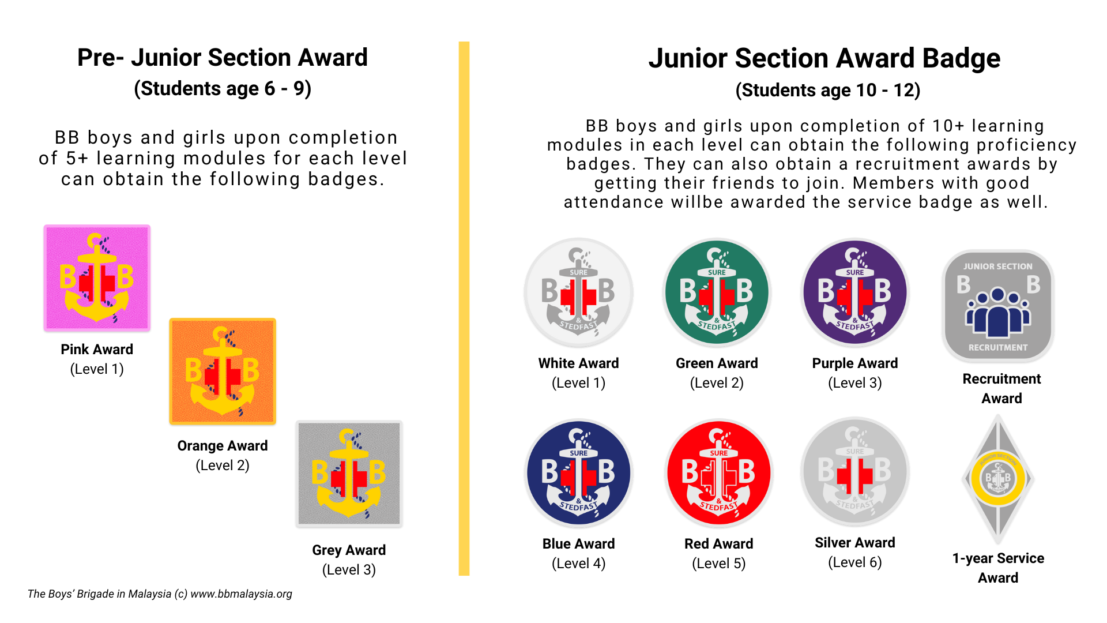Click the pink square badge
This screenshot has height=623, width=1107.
pos(97,278)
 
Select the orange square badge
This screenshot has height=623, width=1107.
pos(223,371)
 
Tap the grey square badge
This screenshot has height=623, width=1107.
pos(349,474)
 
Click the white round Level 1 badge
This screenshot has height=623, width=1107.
pos(578,292)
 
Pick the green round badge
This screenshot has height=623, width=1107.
pos(717,292)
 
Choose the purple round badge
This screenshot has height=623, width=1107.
pos(855,292)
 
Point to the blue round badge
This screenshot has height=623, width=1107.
pos(578,473)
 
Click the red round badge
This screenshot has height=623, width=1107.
pos(718,473)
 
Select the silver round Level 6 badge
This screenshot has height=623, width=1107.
pos(855,472)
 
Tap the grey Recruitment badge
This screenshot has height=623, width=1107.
pos(998,306)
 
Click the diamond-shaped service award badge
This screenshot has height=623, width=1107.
pos(998,479)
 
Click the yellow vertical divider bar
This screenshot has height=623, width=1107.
pos(464,309)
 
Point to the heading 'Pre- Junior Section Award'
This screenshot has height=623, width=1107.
pos(223,58)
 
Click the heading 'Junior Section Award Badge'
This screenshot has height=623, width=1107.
pos(824,58)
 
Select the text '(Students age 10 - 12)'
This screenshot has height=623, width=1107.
pos(828,91)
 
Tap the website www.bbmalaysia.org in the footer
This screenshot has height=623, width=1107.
pos(241,594)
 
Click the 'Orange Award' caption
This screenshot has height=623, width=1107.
pos(223,446)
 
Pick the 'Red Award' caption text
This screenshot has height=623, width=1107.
pos(718,544)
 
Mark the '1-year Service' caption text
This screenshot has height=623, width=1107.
pos(998,558)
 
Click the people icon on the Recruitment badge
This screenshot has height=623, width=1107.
pos(998,313)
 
